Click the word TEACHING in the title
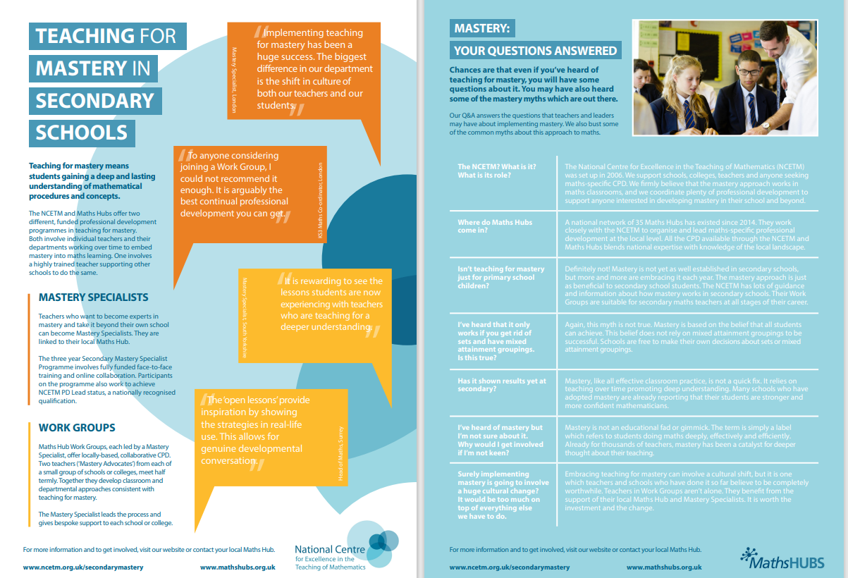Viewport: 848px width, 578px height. point(85,36)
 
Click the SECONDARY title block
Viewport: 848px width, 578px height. point(94,100)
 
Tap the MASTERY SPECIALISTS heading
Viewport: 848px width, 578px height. point(93,297)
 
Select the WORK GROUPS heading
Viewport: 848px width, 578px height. point(77,428)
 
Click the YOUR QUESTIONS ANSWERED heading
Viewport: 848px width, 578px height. point(535,50)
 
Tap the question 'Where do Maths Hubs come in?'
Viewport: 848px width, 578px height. point(495,226)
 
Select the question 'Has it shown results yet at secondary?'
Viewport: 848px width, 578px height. point(502,385)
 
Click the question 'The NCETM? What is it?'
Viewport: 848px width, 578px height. point(497,171)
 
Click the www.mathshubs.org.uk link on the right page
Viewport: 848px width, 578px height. point(663,567)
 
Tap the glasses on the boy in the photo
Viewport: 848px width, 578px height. point(749,72)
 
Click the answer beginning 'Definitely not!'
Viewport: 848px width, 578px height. point(686,285)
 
